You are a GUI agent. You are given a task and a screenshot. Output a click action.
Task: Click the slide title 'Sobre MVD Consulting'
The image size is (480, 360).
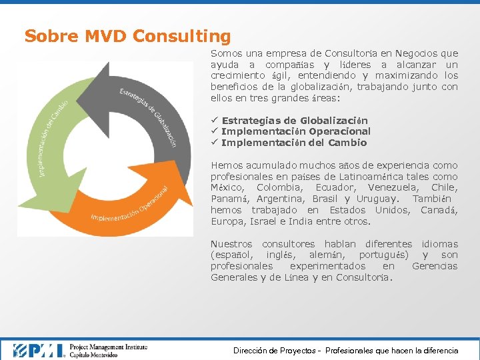click(x=127, y=36)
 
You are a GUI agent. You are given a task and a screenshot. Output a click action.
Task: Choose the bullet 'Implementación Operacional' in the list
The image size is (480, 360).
click(x=295, y=131)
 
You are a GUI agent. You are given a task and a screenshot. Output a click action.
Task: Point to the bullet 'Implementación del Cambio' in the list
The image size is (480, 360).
click(x=294, y=143)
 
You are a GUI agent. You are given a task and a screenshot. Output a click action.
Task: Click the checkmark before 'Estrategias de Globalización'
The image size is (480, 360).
click(x=214, y=121)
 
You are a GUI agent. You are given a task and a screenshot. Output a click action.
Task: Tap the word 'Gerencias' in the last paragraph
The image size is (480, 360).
click(x=435, y=266)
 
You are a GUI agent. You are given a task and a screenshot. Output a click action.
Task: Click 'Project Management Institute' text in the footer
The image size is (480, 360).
click(x=108, y=346)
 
